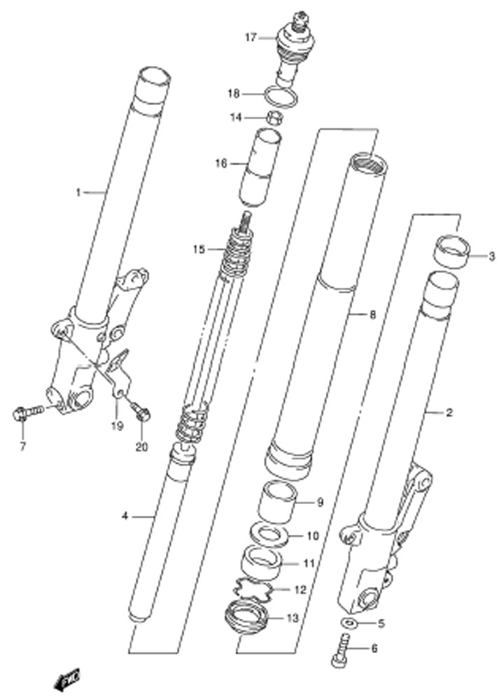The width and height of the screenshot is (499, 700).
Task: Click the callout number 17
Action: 251,38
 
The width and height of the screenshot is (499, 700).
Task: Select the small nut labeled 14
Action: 274,118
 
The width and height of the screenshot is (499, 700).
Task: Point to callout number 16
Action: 221,163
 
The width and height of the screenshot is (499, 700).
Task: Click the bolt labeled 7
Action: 28,412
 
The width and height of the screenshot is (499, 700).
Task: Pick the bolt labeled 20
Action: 141,412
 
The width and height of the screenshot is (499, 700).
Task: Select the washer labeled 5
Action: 349,622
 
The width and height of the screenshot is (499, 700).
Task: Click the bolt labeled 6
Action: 341,652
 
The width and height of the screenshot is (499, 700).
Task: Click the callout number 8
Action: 373,315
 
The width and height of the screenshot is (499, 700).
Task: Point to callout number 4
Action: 125,516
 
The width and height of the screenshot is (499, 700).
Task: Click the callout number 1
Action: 78,192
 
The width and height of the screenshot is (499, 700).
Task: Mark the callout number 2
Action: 449,412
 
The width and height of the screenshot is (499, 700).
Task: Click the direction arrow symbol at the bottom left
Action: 66,679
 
